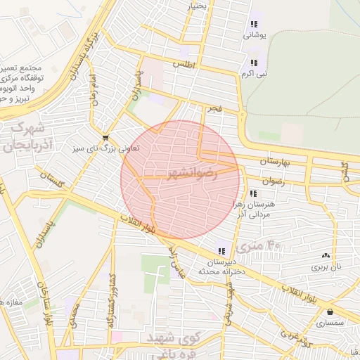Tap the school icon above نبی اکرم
tap(254, 63)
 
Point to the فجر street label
tap(212, 109)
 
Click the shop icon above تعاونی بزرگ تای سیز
tap(105, 138)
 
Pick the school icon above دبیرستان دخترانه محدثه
tap(222, 251)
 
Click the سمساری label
tap(330, 323)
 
